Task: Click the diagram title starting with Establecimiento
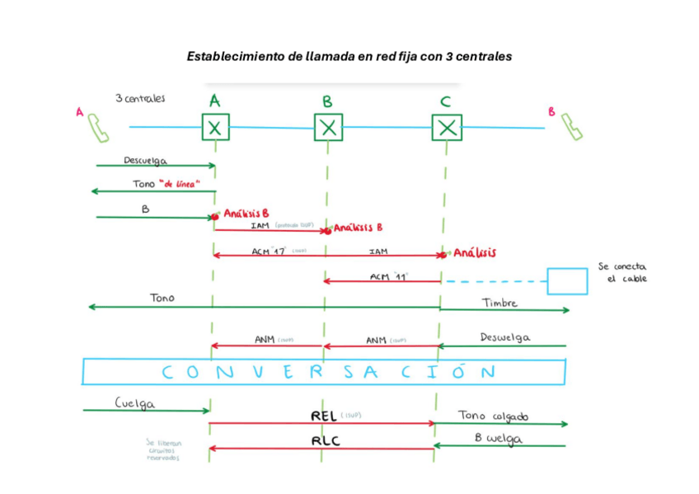349,57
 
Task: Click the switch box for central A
215,128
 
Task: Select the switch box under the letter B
328,128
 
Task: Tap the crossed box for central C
447,128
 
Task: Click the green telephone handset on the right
572,127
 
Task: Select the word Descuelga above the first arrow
146,160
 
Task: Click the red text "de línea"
182,185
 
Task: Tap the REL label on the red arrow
323,416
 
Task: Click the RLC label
324,441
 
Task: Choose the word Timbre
500,303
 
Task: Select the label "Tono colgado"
493,416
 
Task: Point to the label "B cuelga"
498,439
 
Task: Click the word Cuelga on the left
134,404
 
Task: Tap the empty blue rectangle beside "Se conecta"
567,280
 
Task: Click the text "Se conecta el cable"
622,272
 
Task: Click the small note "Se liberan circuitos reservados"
163,450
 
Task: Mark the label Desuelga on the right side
504,337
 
